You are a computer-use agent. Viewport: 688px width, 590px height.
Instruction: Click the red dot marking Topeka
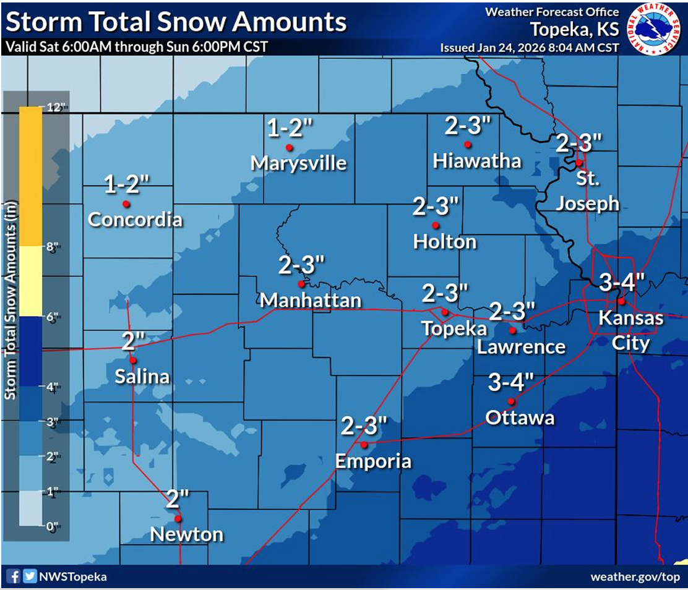coord(444,312)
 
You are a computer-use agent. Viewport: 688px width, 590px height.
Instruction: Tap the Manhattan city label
coord(311,300)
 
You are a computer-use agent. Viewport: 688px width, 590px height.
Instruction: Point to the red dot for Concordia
coord(126,203)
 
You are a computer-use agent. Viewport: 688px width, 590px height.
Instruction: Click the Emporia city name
coord(373,461)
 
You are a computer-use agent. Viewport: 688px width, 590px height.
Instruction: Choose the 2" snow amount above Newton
coord(177,498)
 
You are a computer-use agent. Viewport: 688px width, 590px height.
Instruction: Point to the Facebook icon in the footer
coord(13,576)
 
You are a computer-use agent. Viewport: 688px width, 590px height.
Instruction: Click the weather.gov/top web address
coord(635,576)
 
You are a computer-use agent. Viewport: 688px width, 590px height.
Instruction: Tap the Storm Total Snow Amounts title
coord(176,22)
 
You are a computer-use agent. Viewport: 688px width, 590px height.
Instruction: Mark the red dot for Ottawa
coord(511,401)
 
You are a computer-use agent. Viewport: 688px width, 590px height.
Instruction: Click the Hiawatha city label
coord(477,161)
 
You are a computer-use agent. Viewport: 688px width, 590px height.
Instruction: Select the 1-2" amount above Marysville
coord(290,128)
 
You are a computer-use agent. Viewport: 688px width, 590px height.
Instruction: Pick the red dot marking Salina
coord(132,360)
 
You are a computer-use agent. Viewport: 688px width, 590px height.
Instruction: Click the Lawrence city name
coord(521,347)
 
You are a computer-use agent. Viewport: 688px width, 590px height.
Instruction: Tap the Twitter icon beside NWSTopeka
coord(29,576)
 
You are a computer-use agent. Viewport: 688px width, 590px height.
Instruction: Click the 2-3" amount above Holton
coord(437,207)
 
